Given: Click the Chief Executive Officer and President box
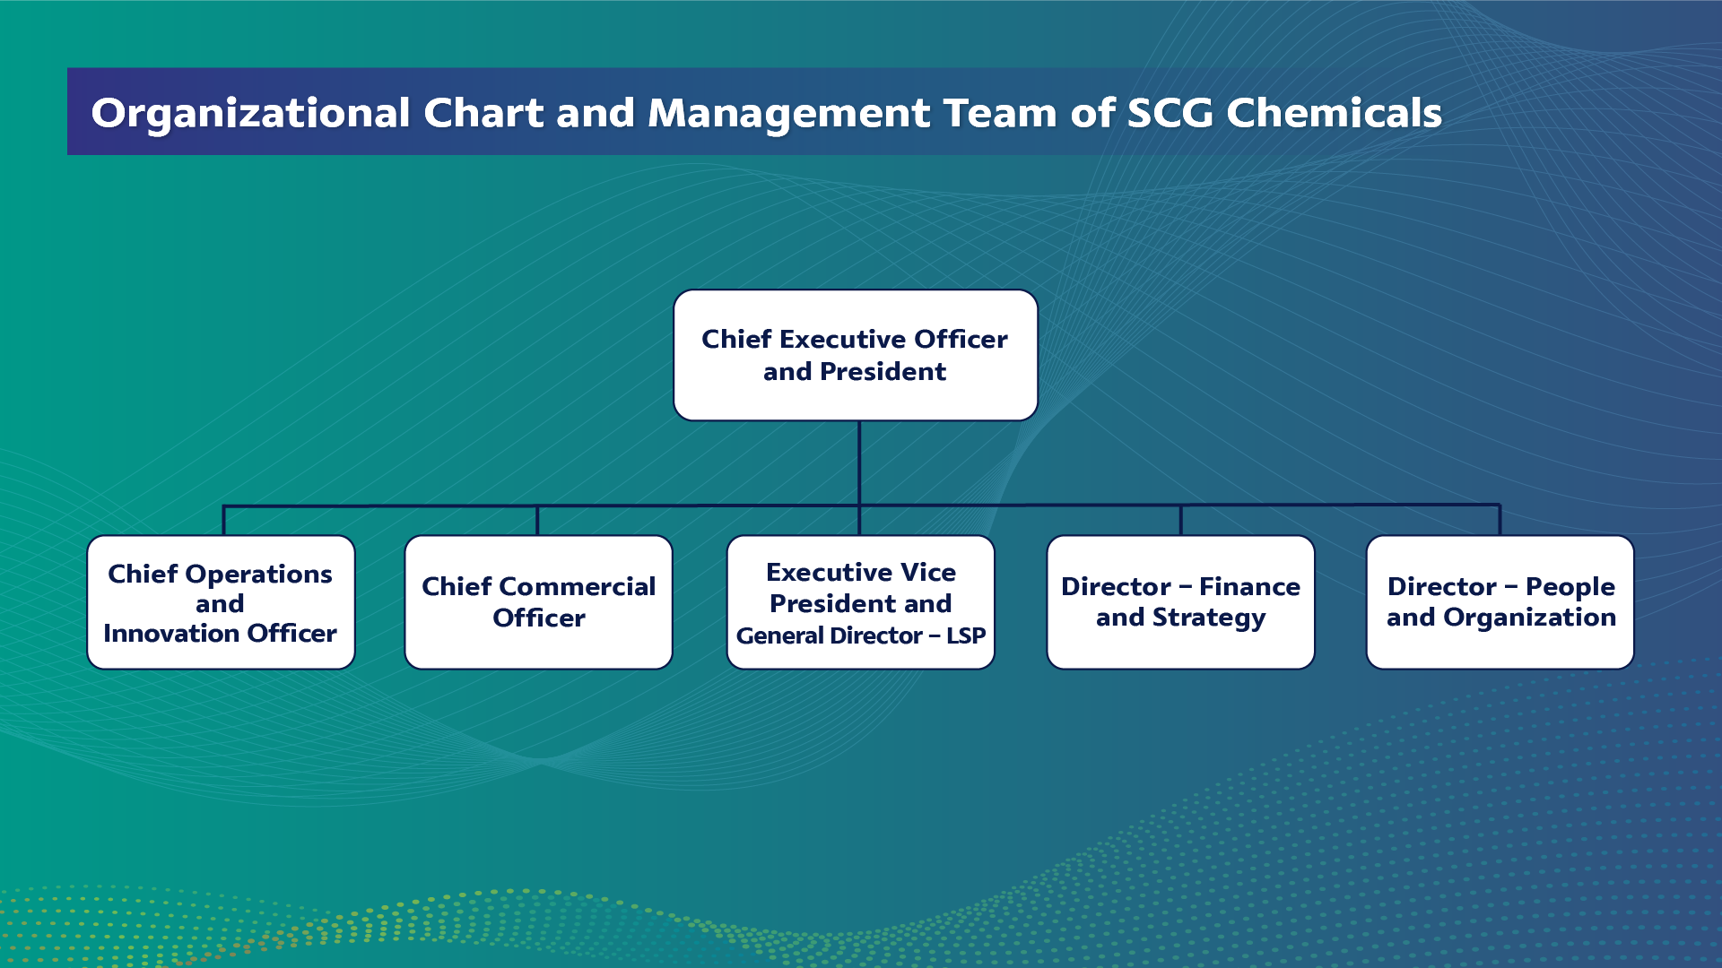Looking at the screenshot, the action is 856,355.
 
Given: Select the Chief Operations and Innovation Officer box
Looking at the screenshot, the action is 221,602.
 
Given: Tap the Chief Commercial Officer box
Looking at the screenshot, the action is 538,602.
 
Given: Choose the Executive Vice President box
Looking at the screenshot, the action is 860,602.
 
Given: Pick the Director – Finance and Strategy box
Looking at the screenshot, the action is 1180,602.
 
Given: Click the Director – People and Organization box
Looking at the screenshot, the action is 1500,602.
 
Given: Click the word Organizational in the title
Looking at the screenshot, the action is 251,114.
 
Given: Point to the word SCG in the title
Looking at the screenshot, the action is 1170,113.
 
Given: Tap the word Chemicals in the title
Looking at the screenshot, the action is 1334,113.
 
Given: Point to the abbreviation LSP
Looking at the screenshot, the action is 966,635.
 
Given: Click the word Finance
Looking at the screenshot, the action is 1249,586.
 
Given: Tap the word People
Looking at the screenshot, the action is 1570,587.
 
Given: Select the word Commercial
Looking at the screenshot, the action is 577,586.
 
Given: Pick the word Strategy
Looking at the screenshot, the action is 1209,618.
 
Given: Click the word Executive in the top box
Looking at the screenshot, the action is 843,339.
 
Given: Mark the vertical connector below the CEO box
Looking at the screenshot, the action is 859,463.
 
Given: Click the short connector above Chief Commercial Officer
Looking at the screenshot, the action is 537,521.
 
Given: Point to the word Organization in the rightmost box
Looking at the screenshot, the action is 1530,618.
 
